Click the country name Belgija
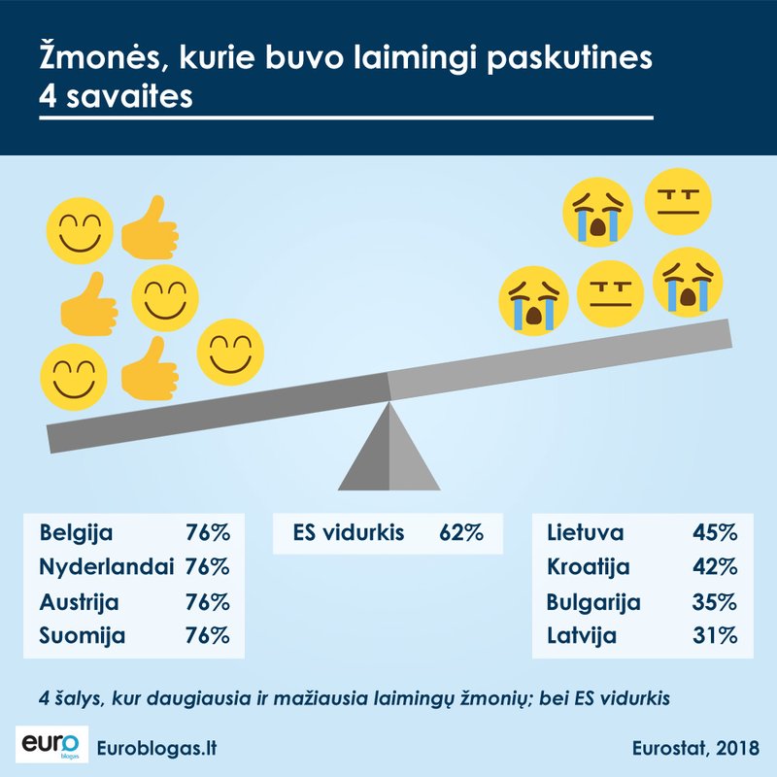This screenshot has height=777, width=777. coord(77,532)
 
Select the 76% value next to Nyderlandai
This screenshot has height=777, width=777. coord(207,566)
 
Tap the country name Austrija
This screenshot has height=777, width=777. coord(79,601)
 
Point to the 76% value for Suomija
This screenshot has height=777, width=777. coord(207,636)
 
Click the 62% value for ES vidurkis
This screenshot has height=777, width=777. coord(459,532)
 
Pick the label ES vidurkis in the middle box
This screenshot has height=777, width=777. coord(349,532)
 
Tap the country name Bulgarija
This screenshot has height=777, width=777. coord(593,601)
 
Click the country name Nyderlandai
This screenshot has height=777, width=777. coord(98,566)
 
